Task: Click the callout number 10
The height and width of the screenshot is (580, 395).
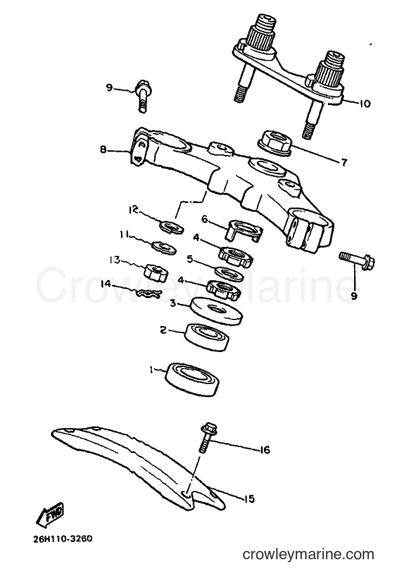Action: click(364, 103)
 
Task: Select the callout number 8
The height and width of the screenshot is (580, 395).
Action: click(103, 150)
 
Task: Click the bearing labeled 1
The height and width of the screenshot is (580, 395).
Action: click(192, 381)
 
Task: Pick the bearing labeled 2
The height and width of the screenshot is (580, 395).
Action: click(207, 337)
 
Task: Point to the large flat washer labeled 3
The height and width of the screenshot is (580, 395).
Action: click(216, 310)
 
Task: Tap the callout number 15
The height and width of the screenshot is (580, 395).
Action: click(250, 499)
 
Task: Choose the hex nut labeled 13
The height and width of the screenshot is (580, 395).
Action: click(155, 273)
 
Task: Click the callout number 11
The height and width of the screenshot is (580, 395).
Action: click(123, 234)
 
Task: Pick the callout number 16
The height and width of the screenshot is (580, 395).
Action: click(265, 450)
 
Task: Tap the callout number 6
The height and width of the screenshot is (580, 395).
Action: click(205, 220)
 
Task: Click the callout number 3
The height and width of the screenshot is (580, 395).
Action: click(173, 303)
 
